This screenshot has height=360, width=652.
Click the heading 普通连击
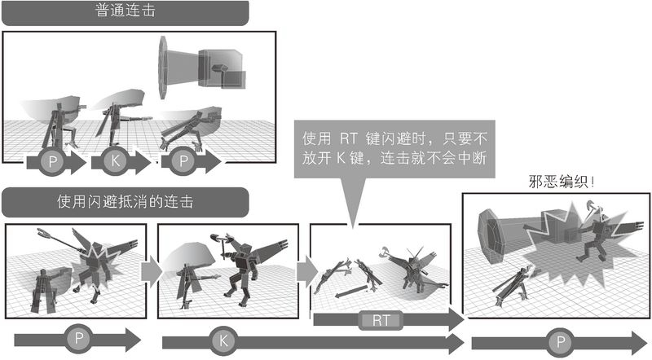pyautogui.click(x=126, y=11)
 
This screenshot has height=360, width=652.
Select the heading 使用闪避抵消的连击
pyautogui.click(x=126, y=202)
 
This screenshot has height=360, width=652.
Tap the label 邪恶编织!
pyautogui.click(x=562, y=182)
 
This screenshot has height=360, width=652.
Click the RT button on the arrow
pyautogui.click(x=381, y=321)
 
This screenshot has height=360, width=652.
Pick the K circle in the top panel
pyautogui.click(x=116, y=161)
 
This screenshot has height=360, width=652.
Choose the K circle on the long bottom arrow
pyautogui.click(x=223, y=341)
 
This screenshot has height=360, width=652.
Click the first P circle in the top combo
pyautogui.click(x=52, y=161)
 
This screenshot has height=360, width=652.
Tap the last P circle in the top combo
pyautogui.click(x=183, y=161)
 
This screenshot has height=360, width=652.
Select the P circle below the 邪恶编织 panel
pyautogui.click(x=561, y=342)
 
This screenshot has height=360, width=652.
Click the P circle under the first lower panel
pyautogui.click(x=79, y=338)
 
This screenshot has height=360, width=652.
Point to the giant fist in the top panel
pyautogui.click(x=202, y=68)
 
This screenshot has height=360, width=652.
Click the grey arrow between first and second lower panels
pyautogui.click(x=152, y=271)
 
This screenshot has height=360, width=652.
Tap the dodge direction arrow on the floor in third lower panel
pyautogui.click(x=351, y=291)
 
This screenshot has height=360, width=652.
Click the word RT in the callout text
pyautogui.click(x=349, y=138)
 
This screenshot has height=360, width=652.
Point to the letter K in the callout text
pyautogui.click(x=341, y=158)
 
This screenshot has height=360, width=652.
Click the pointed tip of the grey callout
pyautogui.click(x=353, y=228)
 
